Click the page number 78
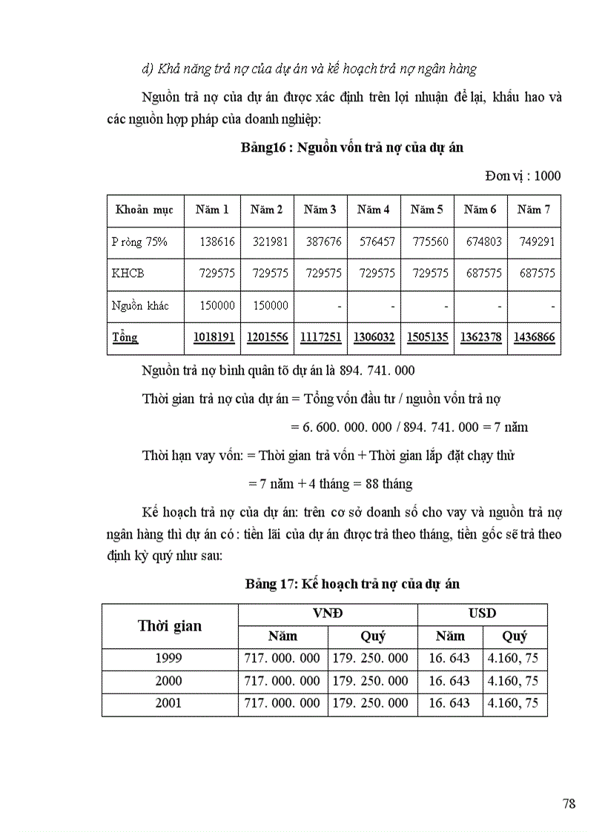[x=569, y=804]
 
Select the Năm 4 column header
[x=374, y=210]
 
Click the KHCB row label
[x=128, y=273]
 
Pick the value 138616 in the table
[x=217, y=242]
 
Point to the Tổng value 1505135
[x=428, y=337]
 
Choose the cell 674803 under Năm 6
[x=481, y=242]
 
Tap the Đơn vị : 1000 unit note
[x=523, y=176]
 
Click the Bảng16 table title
[x=351, y=147]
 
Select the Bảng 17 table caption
[x=352, y=584]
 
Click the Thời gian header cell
[x=170, y=625]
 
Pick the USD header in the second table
[x=482, y=613]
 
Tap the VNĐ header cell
[x=328, y=613]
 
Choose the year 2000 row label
[x=169, y=681]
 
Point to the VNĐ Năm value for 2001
[x=282, y=703]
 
